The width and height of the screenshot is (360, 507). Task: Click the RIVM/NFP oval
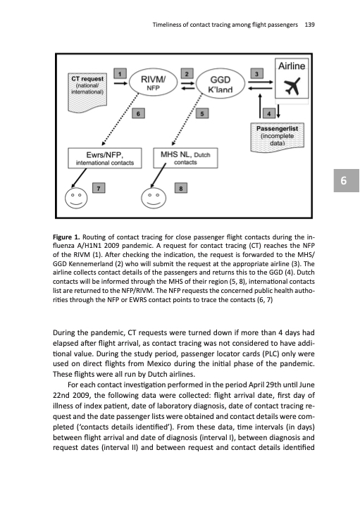(154, 82)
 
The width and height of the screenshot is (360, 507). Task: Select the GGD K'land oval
(221, 84)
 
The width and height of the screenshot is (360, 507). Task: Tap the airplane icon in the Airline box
(292, 87)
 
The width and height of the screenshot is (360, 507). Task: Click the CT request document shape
(87, 93)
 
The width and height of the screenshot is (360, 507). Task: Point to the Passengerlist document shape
(277, 137)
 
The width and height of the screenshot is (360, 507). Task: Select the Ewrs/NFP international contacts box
(105, 158)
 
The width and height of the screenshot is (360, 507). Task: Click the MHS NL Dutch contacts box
(185, 158)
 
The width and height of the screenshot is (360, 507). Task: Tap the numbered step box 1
(120, 74)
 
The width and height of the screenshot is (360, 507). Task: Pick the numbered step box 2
(187, 74)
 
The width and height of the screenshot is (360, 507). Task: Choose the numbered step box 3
(257, 74)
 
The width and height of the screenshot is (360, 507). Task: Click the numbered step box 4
(269, 113)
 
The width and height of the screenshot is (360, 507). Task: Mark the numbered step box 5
(202, 113)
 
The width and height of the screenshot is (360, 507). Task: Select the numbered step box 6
(138, 113)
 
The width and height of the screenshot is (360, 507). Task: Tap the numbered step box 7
(99, 188)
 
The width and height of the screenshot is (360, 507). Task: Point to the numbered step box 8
(181, 188)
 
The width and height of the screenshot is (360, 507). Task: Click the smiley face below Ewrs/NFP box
(76, 198)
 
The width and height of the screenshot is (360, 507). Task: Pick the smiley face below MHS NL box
(154, 198)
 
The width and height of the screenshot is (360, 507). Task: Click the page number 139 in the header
(309, 25)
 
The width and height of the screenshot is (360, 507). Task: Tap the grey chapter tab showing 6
(347, 181)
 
